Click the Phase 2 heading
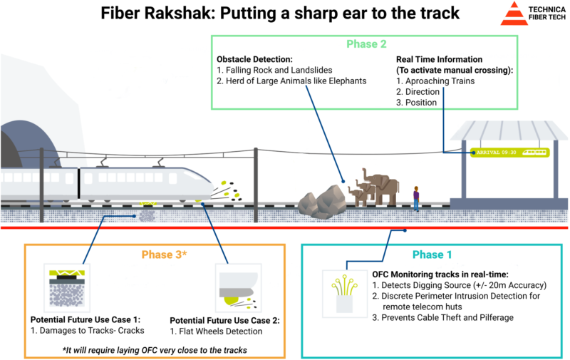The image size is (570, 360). pyautogui.click(x=366, y=44)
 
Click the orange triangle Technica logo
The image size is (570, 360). pyautogui.click(x=514, y=14)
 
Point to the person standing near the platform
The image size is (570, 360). pyautogui.click(x=416, y=198)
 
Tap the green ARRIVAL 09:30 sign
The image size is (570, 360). pyautogui.click(x=509, y=152)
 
